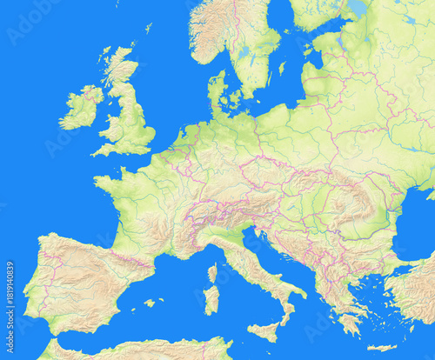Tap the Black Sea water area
(418, 235)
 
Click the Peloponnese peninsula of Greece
(347, 323)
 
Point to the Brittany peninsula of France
(109, 183)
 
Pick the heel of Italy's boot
(300, 292)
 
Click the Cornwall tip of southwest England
(98, 151)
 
